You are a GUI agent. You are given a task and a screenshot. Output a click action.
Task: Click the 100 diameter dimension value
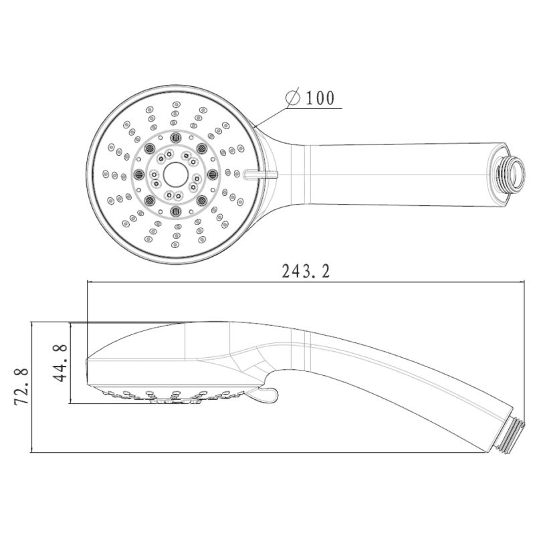click(x=320, y=98)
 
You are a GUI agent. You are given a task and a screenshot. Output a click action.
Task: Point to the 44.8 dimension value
click(x=61, y=362)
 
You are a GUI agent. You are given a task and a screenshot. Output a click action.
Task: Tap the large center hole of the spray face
click(x=175, y=173)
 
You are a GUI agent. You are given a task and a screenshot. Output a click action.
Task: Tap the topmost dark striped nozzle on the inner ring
click(x=177, y=136)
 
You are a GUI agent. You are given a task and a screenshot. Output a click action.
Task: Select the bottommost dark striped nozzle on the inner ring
click(x=177, y=211)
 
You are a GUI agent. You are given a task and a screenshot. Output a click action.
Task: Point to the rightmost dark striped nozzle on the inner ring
click(x=213, y=174)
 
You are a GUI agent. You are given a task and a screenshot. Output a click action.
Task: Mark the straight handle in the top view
click(x=401, y=167)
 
